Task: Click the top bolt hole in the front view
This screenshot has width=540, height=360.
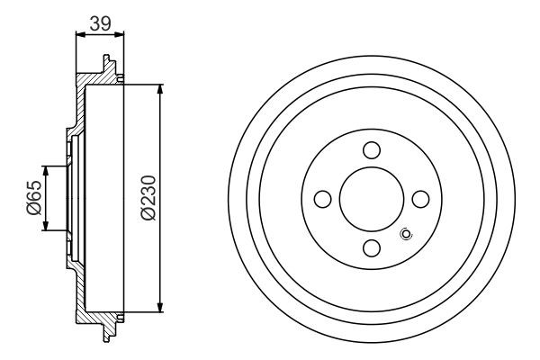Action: point(372,151)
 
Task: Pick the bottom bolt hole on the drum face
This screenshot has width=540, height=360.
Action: point(372,247)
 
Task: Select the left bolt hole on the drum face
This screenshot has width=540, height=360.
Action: point(323,199)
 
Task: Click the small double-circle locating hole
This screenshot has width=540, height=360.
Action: point(405,236)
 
